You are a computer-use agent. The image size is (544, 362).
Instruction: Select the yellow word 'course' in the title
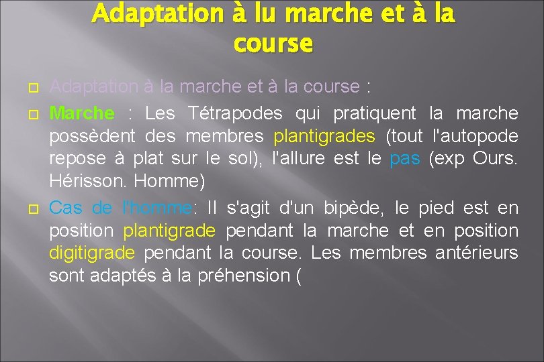[x=273, y=44]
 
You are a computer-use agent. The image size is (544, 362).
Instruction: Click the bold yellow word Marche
[x=82, y=113]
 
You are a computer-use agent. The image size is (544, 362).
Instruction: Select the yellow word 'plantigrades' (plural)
[x=324, y=136]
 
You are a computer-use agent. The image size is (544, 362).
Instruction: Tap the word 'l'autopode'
[x=477, y=136]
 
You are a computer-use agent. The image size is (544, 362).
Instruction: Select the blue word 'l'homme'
[x=158, y=208]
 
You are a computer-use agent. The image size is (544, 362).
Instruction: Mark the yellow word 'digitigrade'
[x=92, y=253]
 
